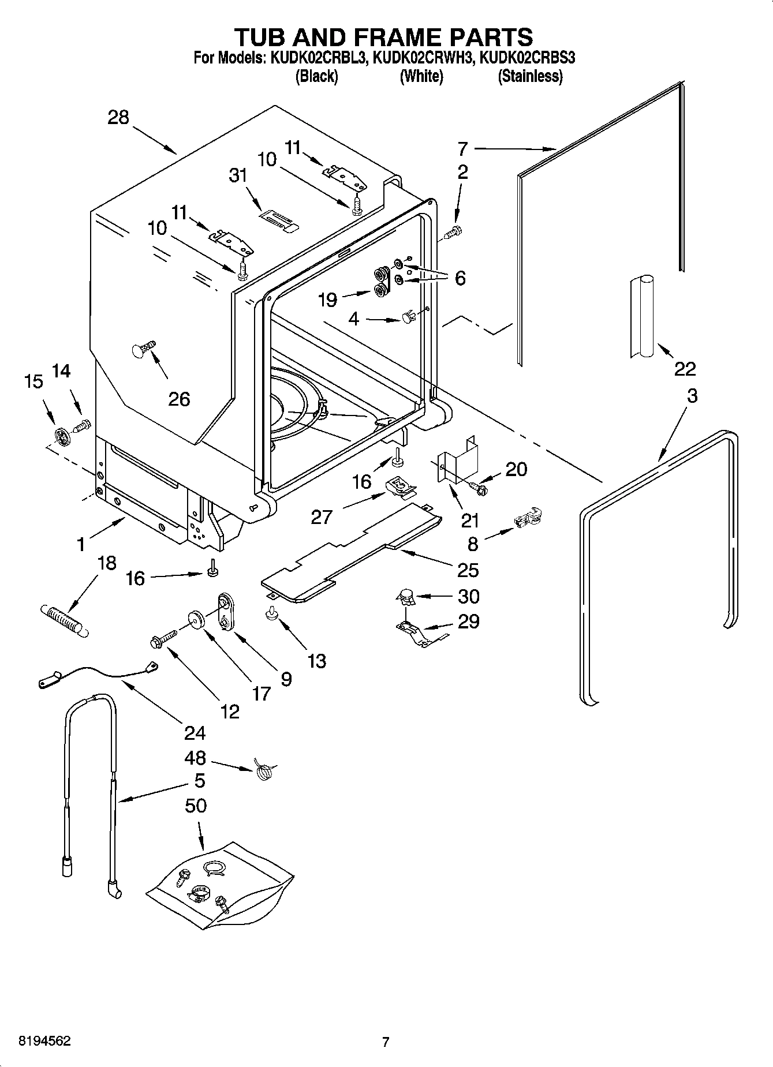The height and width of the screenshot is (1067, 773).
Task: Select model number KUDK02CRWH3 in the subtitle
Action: coord(424,58)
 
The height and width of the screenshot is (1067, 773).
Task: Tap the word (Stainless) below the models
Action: coord(530,76)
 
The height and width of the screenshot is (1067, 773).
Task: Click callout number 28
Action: coord(118,118)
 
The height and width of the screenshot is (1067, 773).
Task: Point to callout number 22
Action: coord(685,368)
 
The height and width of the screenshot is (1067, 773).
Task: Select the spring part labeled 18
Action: coord(64,620)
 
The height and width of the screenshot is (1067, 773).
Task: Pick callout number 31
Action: coord(238,175)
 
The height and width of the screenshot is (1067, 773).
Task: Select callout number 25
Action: coord(468,570)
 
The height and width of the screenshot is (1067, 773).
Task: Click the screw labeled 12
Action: coord(163,639)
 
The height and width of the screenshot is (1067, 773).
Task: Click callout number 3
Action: coord(692,396)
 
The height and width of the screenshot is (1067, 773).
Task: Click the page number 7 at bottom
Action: coord(386,1042)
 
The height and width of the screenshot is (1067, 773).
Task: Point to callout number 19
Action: coord(327,299)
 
